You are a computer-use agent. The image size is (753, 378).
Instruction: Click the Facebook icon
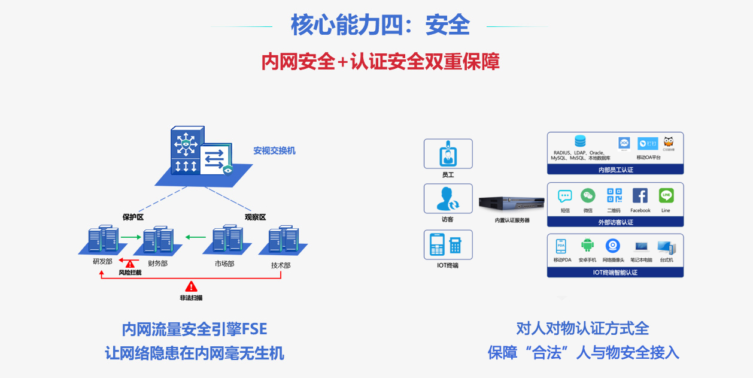click(640, 196)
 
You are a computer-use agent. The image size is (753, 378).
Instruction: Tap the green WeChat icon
click(588, 196)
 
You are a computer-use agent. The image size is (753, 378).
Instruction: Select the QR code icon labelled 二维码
click(614, 196)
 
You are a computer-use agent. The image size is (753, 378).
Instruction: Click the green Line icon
click(666, 196)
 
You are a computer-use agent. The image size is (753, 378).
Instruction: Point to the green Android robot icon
click(587, 246)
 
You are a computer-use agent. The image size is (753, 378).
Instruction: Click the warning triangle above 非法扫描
click(191, 286)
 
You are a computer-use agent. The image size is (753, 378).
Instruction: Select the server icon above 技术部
click(283, 240)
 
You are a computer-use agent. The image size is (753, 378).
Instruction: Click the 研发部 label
click(102, 261)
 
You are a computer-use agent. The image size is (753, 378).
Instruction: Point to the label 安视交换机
click(274, 151)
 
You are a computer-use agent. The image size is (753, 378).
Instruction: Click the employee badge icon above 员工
click(448, 154)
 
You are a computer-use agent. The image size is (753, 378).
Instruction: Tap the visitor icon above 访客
click(448, 198)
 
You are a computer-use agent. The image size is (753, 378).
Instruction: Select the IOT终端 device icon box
click(448, 244)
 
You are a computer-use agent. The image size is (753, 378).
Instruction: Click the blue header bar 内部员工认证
click(615, 170)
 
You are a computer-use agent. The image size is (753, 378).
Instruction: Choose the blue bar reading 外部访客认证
click(615, 222)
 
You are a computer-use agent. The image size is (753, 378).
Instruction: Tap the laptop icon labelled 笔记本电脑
click(641, 246)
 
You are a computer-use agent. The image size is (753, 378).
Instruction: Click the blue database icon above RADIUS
click(580, 142)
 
